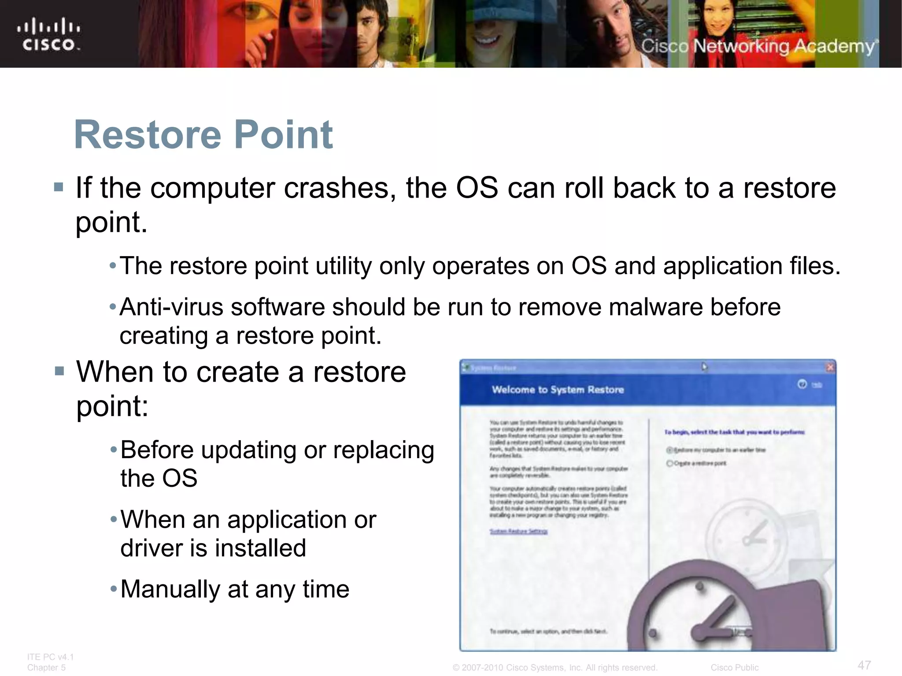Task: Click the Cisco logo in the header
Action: pyautogui.click(x=48, y=34)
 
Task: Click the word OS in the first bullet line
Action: pyautogui.click(x=477, y=188)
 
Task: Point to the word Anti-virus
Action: pyautogui.click(x=171, y=307)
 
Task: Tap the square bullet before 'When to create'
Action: pyautogui.click(x=59, y=371)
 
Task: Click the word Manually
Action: pyautogui.click(x=170, y=589)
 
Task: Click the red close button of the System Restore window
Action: pyautogui.click(x=830, y=367)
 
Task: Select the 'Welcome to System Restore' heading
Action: pyautogui.click(x=558, y=389)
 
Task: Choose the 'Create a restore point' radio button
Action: pyautogui.click(x=669, y=463)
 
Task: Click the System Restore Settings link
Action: pyautogui.click(x=518, y=532)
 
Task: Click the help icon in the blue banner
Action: pyautogui.click(x=802, y=384)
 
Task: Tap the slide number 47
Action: pyautogui.click(x=864, y=665)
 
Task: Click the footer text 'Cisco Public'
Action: pyautogui.click(x=734, y=668)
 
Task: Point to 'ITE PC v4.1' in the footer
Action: pyautogui.click(x=50, y=657)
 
